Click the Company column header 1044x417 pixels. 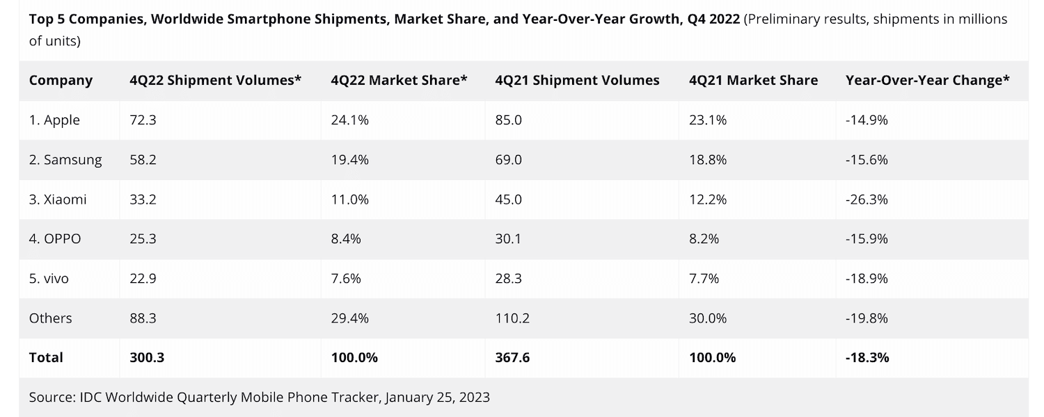(61, 81)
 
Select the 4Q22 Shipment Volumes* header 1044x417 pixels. (215, 81)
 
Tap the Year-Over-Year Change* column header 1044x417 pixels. (927, 81)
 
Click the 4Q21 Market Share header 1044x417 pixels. (753, 81)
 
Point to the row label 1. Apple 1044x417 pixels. (54, 120)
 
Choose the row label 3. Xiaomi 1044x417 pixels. (58, 199)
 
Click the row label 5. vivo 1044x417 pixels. (49, 279)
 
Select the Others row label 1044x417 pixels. (50, 318)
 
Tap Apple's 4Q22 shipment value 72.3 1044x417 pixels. (143, 120)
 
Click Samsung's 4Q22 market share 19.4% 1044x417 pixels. (349, 160)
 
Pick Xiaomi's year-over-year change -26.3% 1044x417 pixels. (867, 199)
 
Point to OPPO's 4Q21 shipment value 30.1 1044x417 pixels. (508, 239)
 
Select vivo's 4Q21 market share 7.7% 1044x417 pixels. (704, 279)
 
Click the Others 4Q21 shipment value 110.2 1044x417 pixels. (512, 318)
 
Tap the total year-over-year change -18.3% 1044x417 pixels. (867, 358)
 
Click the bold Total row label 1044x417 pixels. (46, 358)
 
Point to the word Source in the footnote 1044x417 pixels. (52, 398)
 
